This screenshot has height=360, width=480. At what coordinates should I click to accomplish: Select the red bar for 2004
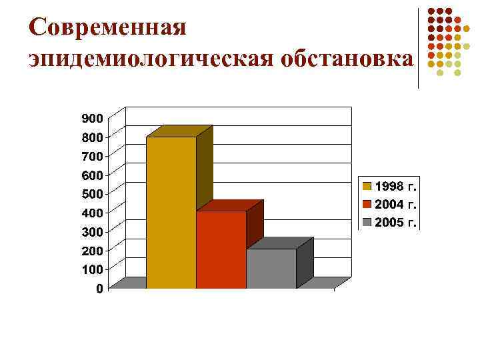pos(221,249)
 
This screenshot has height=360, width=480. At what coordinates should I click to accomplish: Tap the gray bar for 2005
pos(271,268)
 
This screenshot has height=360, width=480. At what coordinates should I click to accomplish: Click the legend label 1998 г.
pos(397,184)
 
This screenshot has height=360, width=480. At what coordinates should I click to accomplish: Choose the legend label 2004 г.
pos(397,203)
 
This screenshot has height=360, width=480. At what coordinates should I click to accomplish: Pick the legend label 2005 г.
pos(397,222)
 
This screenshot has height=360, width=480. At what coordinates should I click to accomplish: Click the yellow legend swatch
pos(367,184)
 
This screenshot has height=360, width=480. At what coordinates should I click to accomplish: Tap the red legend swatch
pos(367,203)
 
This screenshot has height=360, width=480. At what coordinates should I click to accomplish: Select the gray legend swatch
pos(367,222)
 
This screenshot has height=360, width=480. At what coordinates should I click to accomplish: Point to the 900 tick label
pos(92,118)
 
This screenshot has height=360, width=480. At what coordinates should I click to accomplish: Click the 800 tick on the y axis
pos(92,137)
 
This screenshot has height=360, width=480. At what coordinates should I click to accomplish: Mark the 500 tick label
pos(92,193)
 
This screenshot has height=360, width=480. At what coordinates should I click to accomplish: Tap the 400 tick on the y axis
pos(92,212)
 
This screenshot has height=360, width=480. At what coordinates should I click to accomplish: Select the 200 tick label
pos(92,250)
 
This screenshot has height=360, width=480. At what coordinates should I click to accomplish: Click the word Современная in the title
pos(107,28)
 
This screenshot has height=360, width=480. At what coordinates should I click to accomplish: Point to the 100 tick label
pos(92,269)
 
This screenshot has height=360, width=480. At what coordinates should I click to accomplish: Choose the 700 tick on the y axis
pos(92,155)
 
